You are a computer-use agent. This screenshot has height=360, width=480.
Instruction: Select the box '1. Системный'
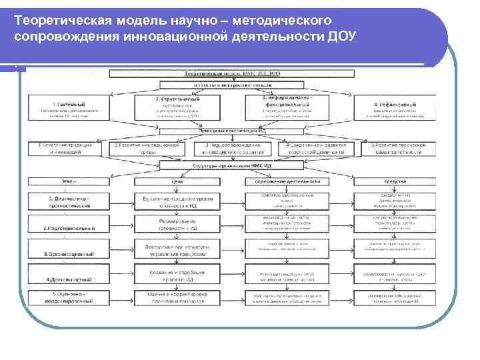[x=65, y=109]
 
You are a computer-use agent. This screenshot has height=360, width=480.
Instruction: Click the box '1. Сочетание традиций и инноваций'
[x=65, y=149]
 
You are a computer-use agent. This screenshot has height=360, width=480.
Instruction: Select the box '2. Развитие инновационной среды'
[x=147, y=149]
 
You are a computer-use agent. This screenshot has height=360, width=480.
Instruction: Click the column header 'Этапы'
[x=65, y=181]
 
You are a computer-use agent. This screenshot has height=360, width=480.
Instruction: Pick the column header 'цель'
[x=177, y=181]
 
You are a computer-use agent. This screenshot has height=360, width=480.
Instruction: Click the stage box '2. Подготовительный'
[x=65, y=228]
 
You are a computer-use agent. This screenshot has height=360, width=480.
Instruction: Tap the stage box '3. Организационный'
[x=65, y=253]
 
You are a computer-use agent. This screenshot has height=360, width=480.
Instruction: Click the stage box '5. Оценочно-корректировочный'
[x=65, y=297]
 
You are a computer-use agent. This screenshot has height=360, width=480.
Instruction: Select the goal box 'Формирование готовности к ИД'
[x=177, y=225]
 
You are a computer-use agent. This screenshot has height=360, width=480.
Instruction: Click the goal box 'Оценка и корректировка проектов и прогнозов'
[x=177, y=297]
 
